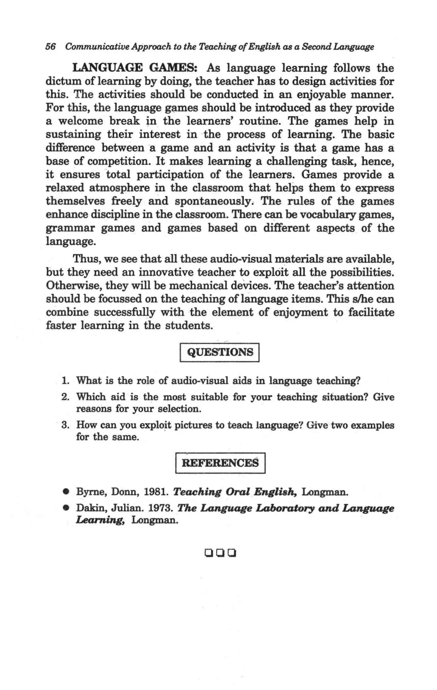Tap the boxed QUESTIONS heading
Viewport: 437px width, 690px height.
[x=220, y=352]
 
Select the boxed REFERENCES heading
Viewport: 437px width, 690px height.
[x=220, y=463]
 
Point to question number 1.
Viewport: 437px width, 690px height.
[x=65, y=381]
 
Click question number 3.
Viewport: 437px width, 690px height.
[x=65, y=425]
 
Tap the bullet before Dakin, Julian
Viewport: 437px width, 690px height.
[x=66, y=508]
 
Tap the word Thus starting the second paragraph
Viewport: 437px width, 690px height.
[x=86, y=259]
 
